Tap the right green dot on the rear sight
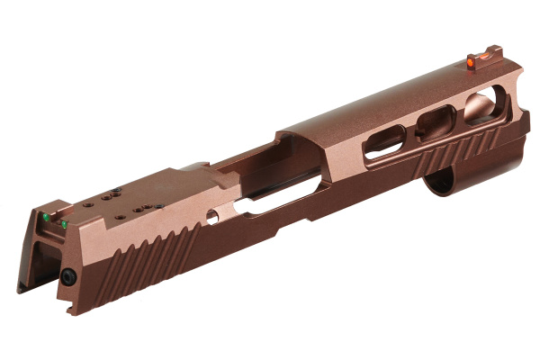(x=64, y=224)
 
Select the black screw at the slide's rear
(x=67, y=280)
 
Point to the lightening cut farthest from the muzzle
(x=384, y=139)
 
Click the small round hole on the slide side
(x=212, y=216)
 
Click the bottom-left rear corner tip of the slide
(x=19, y=290)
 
